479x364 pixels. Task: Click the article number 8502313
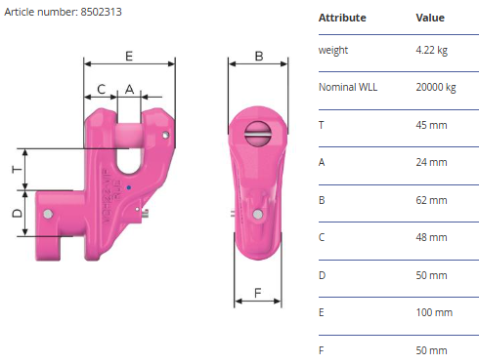tap(101, 12)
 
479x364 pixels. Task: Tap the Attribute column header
tap(342, 18)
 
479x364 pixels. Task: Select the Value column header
tap(430, 18)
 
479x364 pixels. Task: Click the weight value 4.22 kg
tap(431, 50)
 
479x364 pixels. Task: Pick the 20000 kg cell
tap(436, 87)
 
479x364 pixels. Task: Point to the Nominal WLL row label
tap(348, 87)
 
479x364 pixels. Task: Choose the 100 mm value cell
tap(434, 312)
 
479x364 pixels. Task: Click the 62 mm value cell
tap(431, 200)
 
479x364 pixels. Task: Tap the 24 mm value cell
tap(431, 162)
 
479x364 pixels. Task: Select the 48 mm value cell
tap(431, 237)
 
